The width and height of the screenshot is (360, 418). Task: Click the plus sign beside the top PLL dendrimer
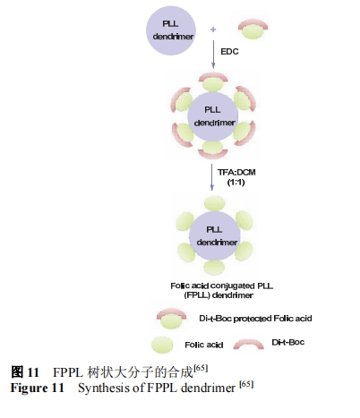[213, 30]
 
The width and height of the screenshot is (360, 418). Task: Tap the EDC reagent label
[229, 52]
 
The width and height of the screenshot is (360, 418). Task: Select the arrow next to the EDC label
[213, 55]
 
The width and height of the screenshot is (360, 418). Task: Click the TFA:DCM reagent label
[236, 172]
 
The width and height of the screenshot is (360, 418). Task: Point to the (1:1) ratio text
[236, 182]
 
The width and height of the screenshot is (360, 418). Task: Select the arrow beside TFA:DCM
[212, 177]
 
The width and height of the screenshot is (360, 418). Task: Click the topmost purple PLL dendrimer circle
[171, 30]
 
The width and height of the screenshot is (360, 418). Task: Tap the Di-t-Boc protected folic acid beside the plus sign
[253, 29]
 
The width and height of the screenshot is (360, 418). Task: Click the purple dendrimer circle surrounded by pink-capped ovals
[213, 116]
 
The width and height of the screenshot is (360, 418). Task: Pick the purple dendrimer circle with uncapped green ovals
[215, 235]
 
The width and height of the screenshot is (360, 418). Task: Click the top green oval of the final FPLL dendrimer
[214, 203]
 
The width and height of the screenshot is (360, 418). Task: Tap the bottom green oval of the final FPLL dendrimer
[214, 268]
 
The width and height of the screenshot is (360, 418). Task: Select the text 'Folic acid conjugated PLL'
[222, 286]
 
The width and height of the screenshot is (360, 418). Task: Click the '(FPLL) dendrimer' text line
[219, 295]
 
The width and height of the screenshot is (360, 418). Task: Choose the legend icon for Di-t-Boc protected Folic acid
[171, 319]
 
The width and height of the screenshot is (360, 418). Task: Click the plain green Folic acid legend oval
[162, 345]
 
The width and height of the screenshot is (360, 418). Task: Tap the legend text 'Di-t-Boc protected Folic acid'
[255, 319]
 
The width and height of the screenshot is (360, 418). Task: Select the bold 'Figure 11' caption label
[37, 388]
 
